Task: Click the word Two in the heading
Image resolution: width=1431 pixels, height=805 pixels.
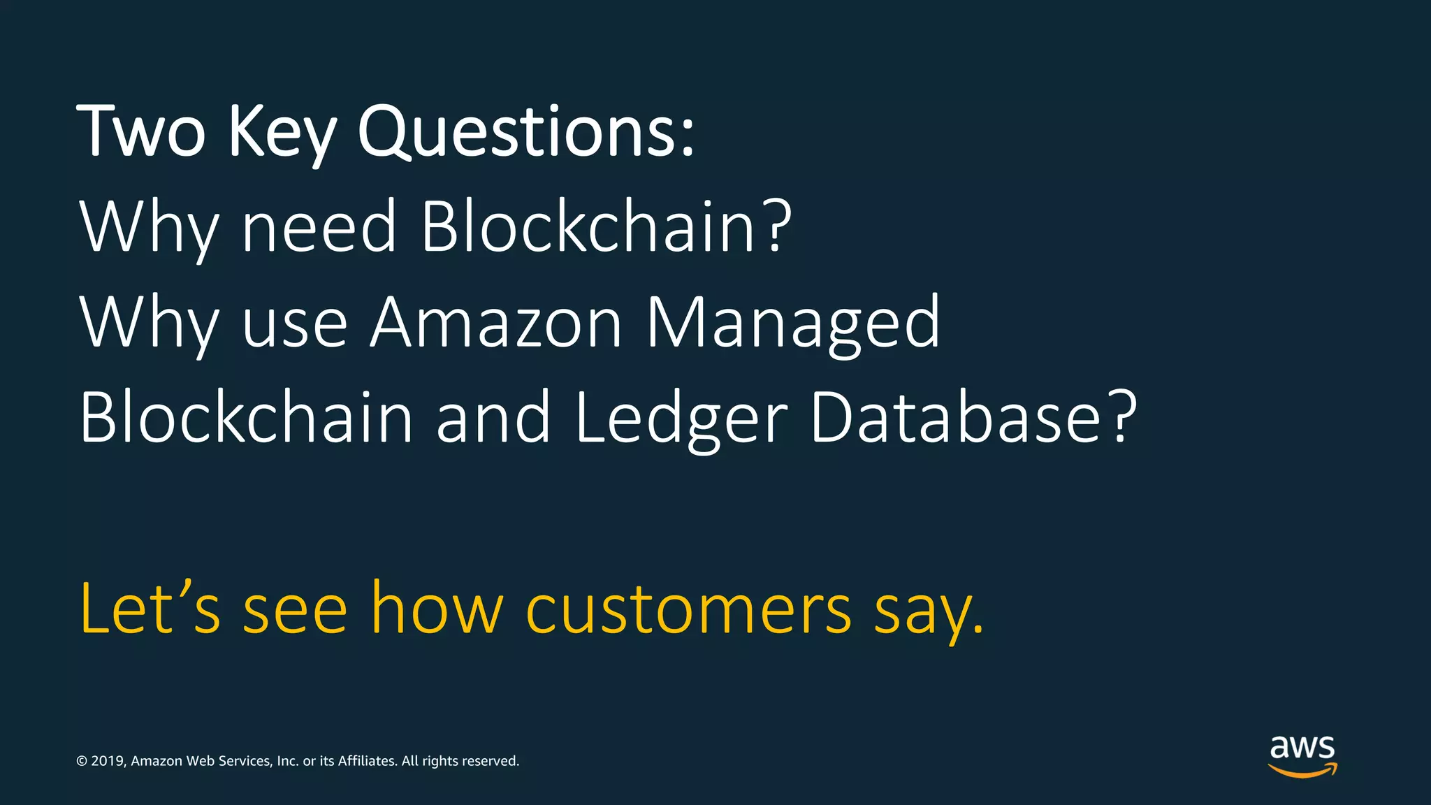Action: click(x=142, y=131)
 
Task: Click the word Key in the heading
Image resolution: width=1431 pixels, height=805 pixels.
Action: click(x=283, y=133)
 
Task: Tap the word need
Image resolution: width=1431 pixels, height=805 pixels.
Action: click(x=319, y=226)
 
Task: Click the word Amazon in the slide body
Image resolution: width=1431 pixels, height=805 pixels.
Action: click(x=495, y=322)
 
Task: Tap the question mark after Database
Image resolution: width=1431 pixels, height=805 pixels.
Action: click(x=1122, y=417)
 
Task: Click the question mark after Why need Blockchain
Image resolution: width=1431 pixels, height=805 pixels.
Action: click(x=776, y=226)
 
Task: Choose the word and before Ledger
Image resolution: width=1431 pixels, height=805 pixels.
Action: click(x=493, y=417)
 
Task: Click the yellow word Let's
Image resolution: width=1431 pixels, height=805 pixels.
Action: click(x=150, y=608)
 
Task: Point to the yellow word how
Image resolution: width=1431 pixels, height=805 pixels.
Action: click(x=437, y=608)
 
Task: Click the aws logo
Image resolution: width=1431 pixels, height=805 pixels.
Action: click(x=1302, y=755)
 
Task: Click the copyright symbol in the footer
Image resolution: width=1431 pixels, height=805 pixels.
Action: click(x=82, y=761)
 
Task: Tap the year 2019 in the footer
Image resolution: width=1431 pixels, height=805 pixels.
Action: click(x=107, y=761)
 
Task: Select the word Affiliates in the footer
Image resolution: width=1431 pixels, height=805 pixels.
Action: click(x=367, y=761)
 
